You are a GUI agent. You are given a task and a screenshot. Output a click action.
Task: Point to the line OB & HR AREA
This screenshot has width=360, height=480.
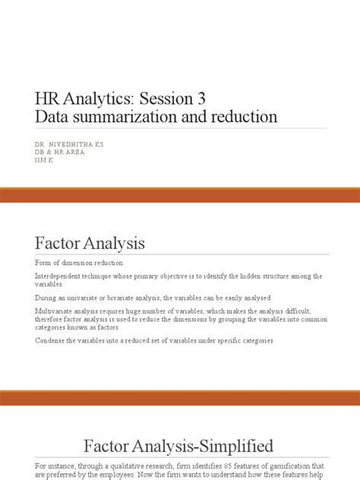60,152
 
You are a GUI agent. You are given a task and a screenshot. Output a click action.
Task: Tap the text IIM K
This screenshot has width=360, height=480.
45,161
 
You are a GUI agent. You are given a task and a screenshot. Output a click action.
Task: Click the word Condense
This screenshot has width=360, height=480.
52,339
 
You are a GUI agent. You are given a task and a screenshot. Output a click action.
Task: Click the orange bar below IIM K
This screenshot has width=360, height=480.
180,196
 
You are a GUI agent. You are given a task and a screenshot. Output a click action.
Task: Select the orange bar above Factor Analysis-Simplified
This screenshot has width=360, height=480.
180,398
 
